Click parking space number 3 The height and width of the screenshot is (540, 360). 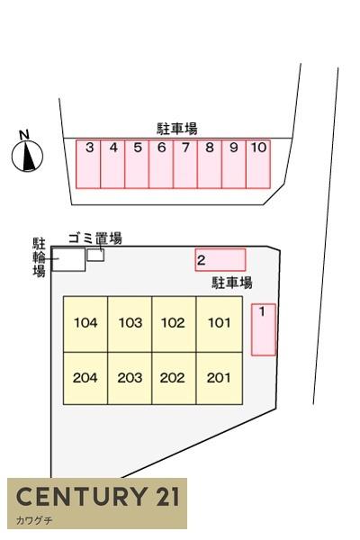tap(88, 164)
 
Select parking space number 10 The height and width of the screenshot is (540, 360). tap(258, 164)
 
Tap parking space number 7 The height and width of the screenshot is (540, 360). tap(185, 164)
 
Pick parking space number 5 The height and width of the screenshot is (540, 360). tap(137, 164)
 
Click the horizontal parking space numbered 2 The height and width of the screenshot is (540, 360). tap(220, 260)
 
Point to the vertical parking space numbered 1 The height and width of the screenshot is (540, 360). tap(264, 329)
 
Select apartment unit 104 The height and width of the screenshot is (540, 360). tap(85, 324)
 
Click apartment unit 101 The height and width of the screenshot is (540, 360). tap(219, 324)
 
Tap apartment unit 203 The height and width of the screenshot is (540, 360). tap(130, 378)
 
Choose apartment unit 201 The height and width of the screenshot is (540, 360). tap(219, 378)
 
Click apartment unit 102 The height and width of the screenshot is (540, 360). tap(174, 324)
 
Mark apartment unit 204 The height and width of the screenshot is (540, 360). tap(85, 378)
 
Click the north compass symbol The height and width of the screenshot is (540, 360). tap(27, 156)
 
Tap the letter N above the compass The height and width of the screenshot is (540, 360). tap(24, 135)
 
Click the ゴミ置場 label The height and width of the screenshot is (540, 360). tap(95, 238)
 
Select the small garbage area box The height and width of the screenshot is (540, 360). tap(95, 256)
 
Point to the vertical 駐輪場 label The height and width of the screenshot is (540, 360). tap(39, 257)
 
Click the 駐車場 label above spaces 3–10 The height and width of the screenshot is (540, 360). tap(177, 129)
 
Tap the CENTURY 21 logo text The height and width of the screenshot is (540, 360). tap(98, 497)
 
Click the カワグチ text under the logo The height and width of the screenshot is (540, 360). tap(34, 520)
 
